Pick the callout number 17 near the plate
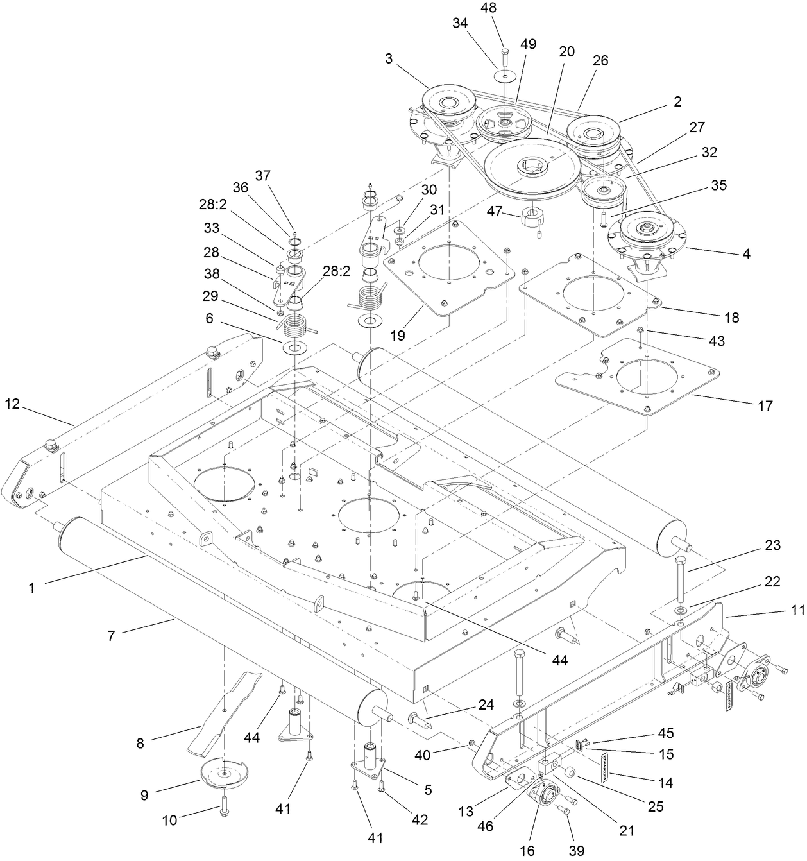[x=765, y=405]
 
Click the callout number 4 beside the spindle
[x=745, y=253]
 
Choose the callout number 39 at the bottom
[x=577, y=850]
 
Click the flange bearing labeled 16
[x=544, y=795]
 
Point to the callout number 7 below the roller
[x=111, y=636]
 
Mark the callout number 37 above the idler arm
[x=263, y=175]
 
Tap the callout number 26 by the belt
[x=601, y=60]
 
